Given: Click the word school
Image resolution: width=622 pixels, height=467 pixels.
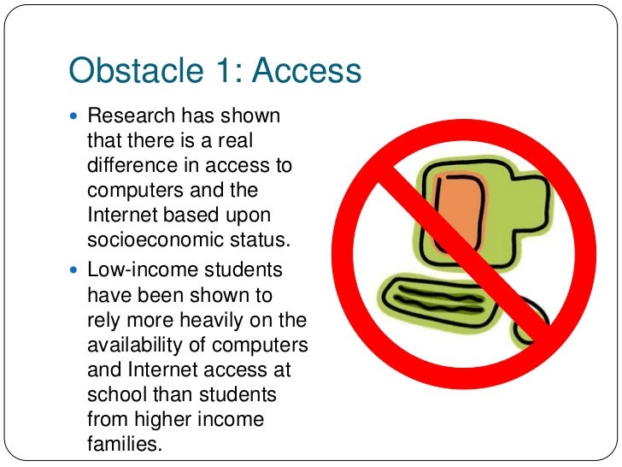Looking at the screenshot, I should [x=112, y=395].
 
